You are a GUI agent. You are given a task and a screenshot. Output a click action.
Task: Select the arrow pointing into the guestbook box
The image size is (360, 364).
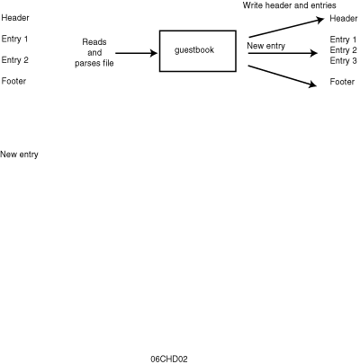click(x=137, y=53)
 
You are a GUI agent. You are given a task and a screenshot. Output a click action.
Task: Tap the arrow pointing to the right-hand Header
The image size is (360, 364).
click(x=286, y=28)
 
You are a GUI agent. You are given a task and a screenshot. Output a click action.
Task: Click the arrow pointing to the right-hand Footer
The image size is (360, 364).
click(x=283, y=76)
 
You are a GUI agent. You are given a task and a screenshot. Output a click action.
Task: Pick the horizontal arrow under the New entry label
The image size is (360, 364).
click(x=283, y=53)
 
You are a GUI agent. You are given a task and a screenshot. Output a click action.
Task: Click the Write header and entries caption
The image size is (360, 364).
click(x=290, y=5)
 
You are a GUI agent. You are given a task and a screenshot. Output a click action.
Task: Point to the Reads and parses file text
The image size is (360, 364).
click(x=94, y=52)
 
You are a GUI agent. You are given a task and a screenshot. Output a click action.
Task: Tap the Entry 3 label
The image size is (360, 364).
click(x=344, y=61)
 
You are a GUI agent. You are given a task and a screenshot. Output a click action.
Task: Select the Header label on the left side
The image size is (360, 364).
click(x=15, y=18)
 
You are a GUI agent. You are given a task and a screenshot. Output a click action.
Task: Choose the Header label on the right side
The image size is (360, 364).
click(x=344, y=19)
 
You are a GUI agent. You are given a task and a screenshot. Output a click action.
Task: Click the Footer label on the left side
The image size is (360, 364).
click(x=13, y=81)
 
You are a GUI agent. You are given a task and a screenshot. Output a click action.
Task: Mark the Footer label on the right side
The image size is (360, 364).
click(x=342, y=82)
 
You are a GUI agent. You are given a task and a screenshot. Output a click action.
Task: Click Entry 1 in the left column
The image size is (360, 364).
click(x=14, y=39)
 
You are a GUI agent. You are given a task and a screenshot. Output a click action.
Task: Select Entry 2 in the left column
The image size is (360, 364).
click(x=15, y=60)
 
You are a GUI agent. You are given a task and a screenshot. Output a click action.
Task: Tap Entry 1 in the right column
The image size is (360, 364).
click(x=343, y=40)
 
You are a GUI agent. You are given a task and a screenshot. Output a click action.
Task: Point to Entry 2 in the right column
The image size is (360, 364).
click(x=344, y=50)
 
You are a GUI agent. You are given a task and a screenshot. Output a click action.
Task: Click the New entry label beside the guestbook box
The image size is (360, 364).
click(x=266, y=46)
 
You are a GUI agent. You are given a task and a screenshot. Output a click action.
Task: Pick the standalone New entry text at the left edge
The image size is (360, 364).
click(x=19, y=155)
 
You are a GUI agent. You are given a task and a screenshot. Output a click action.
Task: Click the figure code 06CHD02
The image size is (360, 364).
click(x=169, y=359)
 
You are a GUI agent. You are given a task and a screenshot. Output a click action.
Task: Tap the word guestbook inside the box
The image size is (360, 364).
click(x=194, y=50)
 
